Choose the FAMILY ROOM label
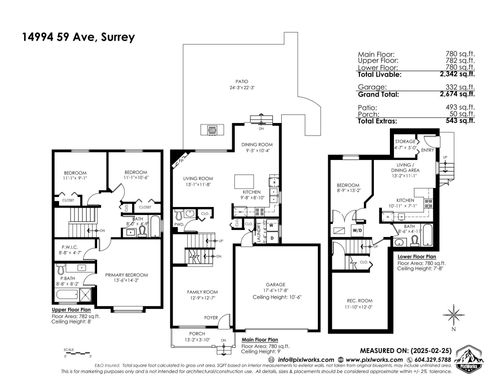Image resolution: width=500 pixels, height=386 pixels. (x=199, y=291)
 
